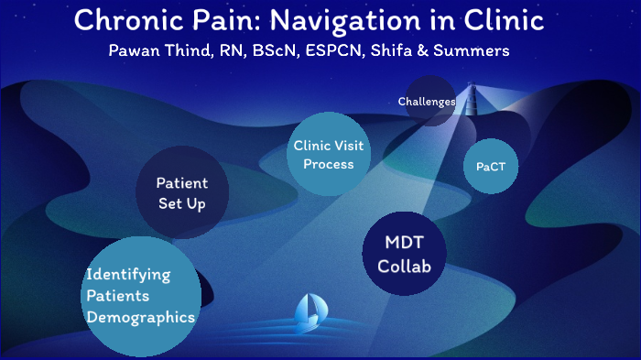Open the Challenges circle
point(427,102)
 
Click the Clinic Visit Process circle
point(323,154)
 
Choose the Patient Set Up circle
point(181,193)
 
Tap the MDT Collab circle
point(404,255)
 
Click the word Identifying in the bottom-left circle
point(128,274)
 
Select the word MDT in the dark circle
point(404,244)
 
